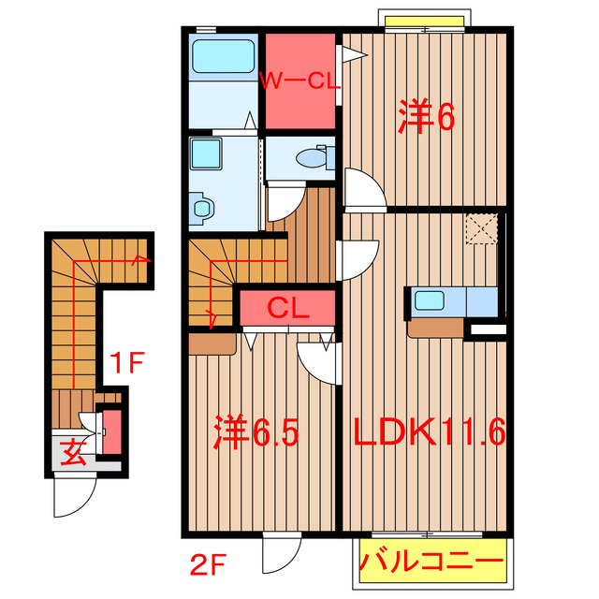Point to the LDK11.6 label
pos(430,432)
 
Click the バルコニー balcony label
pos(431,564)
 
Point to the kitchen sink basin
pos(430,301)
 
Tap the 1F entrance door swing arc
pos(75,496)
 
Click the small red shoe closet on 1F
pos(110,432)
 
